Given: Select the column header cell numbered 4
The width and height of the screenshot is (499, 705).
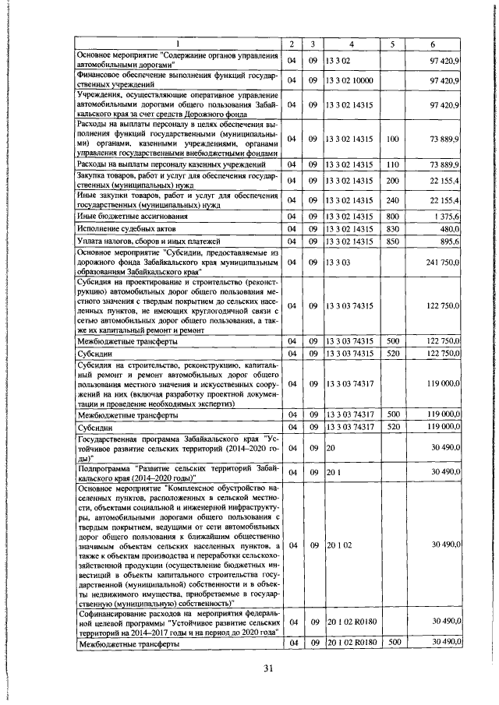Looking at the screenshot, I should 352,43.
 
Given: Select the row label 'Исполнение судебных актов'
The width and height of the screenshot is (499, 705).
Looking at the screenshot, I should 128,228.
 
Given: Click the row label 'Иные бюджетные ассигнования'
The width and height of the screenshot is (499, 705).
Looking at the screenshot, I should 133,215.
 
